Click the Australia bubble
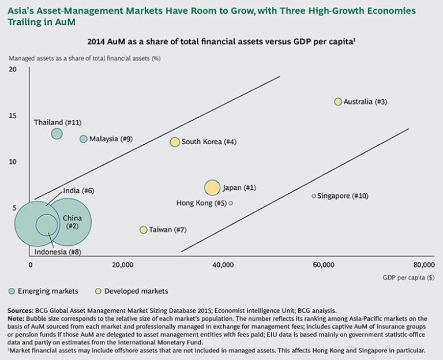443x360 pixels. point(338,102)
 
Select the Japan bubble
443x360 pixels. point(212,187)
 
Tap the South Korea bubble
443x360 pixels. point(175,142)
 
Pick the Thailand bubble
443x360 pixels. point(57,134)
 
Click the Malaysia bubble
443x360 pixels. point(84,139)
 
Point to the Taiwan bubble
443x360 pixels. point(143,230)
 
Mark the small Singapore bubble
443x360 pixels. point(314,196)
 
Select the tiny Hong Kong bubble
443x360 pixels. point(231,203)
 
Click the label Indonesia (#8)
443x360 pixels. point(58,252)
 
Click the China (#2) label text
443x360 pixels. point(72,222)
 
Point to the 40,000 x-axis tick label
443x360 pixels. point(223,265)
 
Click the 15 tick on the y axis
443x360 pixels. point(13,115)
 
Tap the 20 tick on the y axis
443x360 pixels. point(13,69)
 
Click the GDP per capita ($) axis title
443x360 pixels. point(408,277)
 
